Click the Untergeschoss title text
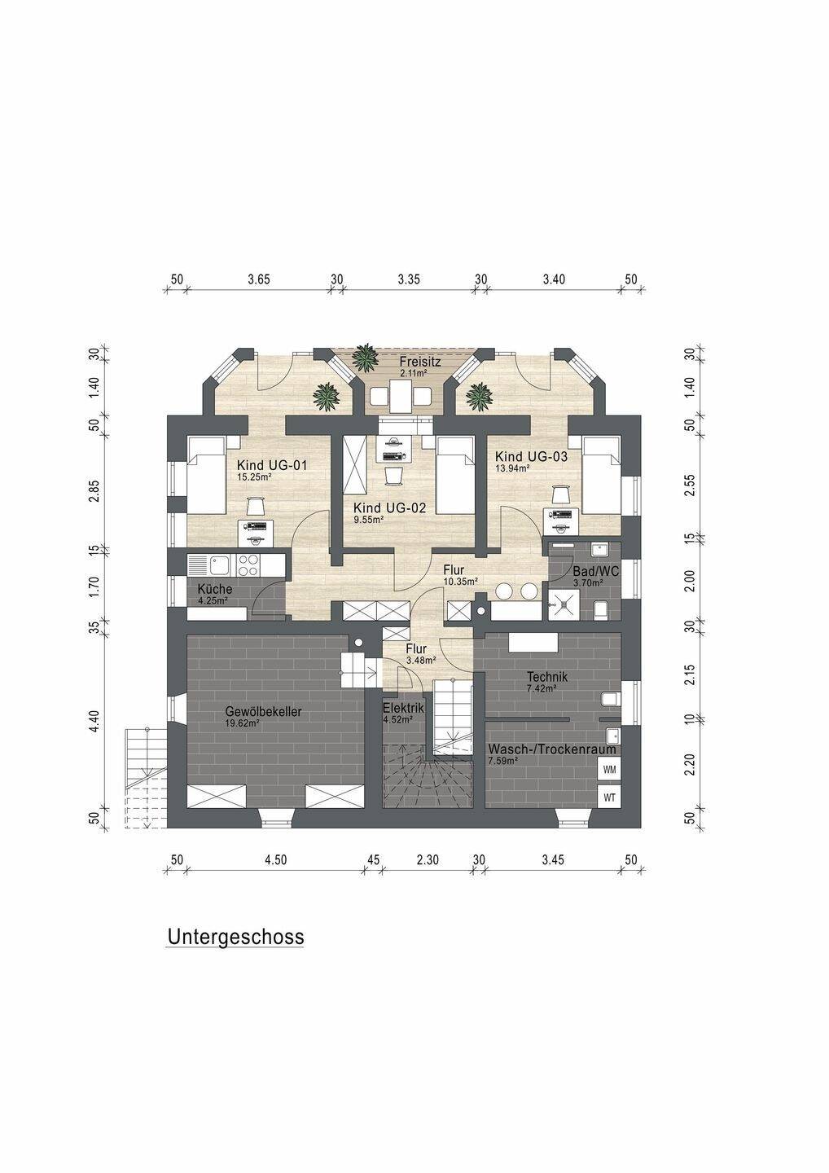coord(235,937)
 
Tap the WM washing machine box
coord(608,768)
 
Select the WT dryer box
coord(608,797)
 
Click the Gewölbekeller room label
coord(263,711)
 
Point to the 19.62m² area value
coord(243,722)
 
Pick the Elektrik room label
coord(403,708)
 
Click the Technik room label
coord(546,676)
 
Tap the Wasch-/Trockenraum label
coord(551,749)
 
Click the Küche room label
coord(215,589)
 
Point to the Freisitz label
coord(420,361)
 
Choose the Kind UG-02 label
coord(390,507)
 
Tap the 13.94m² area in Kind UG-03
coord(513,468)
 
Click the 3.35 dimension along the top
coord(409,279)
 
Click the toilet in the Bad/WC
coord(601,608)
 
